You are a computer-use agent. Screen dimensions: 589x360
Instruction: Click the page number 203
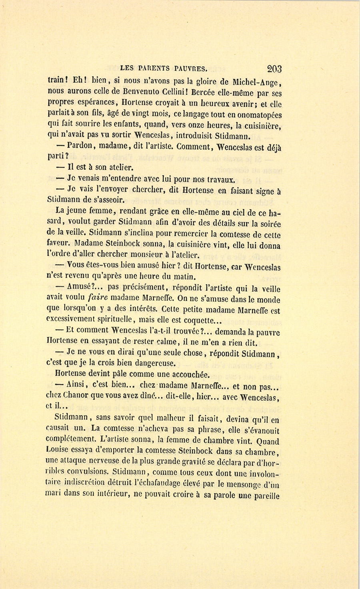coord(274,69)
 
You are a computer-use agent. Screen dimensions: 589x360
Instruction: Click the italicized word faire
coord(98,297)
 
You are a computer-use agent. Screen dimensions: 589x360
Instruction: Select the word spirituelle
coord(107,320)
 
